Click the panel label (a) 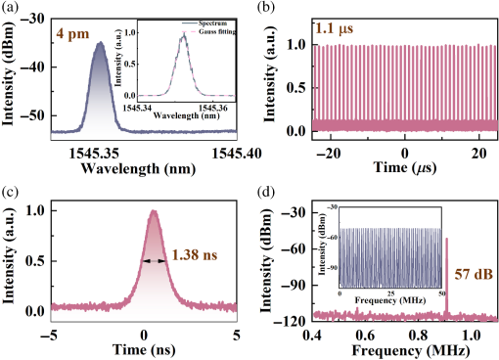[11, 9]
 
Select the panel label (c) [11, 190]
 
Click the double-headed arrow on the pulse [154, 261]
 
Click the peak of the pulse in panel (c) [153, 210]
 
